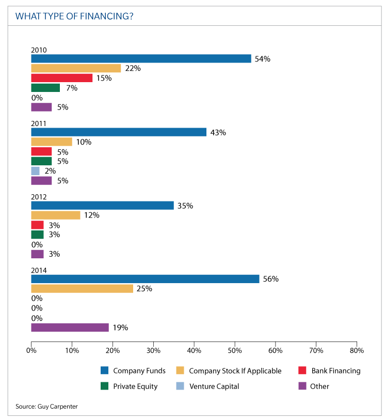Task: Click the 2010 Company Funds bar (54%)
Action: pos(141,59)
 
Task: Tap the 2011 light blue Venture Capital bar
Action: pos(35,171)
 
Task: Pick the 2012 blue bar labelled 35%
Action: pos(102,206)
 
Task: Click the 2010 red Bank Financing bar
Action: pos(61,78)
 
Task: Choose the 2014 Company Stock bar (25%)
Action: pos(82,288)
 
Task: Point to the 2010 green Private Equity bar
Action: pos(45,88)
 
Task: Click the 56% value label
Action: pos(270,279)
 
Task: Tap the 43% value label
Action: pos(218,132)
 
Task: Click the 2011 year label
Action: pos(39,123)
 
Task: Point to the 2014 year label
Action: pos(39,270)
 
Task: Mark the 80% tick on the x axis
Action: pos(357,351)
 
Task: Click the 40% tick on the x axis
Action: pos(194,351)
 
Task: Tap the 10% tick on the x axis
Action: pos(72,351)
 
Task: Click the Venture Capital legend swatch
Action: pos(180,386)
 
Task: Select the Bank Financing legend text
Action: pos(336,370)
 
